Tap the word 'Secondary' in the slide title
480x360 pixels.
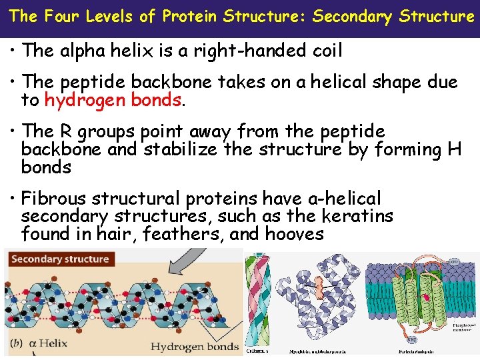(352, 16)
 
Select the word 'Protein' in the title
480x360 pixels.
(191, 16)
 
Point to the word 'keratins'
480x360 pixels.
(358, 216)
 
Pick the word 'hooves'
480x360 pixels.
(294, 234)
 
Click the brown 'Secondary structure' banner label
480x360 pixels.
(60, 259)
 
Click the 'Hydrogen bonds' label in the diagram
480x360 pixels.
(194, 346)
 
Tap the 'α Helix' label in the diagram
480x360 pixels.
(55, 345)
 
